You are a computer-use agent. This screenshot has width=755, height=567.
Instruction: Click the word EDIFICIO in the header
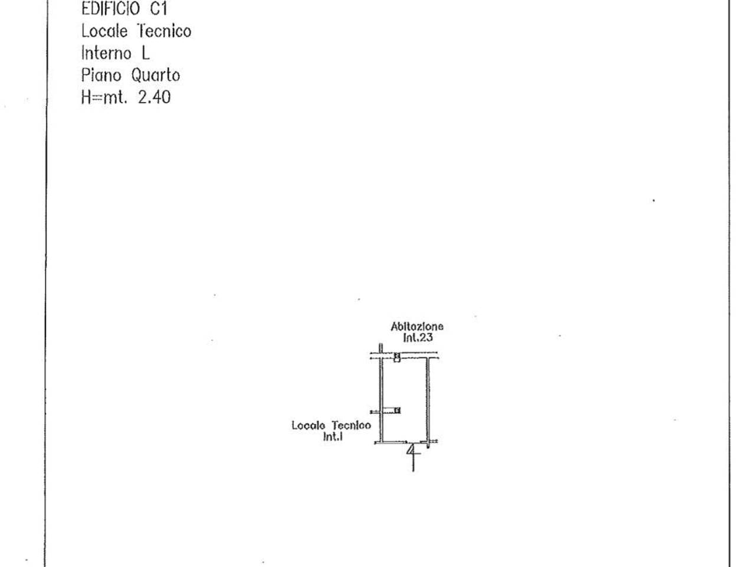(x=110, y=9)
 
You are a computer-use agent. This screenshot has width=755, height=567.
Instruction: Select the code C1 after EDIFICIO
(x=159, y=9)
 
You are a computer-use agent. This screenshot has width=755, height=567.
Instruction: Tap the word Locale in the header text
(x=104, y=31)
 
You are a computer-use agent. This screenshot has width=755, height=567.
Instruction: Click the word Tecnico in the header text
(x=164, y=31)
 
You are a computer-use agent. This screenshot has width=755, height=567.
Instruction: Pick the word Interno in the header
(x=106, y=53)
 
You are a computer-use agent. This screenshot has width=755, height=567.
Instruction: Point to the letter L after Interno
(x=146, y=53)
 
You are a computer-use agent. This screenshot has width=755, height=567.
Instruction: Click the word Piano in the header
(x=101, y=76)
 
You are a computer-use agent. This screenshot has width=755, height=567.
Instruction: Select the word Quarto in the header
(x=156, y=76)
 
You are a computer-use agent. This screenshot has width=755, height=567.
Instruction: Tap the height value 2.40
(x=154, y=97)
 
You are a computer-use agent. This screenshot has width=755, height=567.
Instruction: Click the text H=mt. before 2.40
(x=104, y=97)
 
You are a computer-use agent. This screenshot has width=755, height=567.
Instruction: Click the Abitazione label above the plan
(x=417, y=327)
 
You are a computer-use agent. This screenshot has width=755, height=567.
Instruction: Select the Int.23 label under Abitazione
(x=418, y=337)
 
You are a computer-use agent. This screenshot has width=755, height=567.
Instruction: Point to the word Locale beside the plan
(x=308, y=425)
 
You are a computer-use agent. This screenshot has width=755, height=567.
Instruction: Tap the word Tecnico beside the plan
(x=351, y=425)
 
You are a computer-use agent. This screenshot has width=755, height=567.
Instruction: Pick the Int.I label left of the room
(x=333, y=436)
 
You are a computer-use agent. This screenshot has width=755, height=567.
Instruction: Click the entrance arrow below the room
(x=413, y=457)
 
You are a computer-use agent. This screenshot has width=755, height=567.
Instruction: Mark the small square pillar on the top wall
(x=397, y=357)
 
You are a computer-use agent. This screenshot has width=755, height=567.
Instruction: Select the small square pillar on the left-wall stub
(x=398, y=410)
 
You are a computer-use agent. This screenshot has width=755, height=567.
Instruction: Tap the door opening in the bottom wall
(x=413, y=442)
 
